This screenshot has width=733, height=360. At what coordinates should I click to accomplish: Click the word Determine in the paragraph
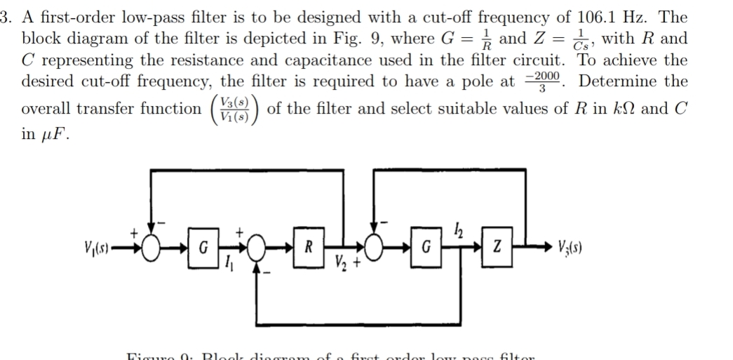point(614,81)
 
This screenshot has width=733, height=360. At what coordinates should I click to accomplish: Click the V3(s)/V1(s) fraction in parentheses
point(233,109)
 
